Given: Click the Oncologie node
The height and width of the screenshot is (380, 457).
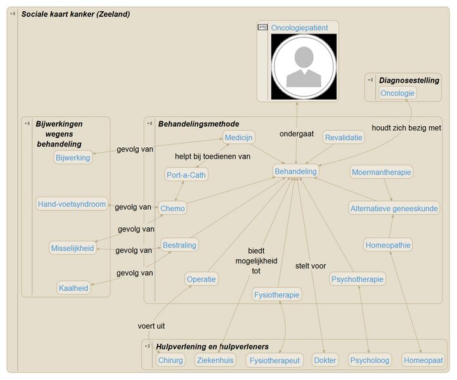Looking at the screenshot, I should click(x=397, y=93).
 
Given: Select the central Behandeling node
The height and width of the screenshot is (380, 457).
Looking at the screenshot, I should click(x=295, y=171).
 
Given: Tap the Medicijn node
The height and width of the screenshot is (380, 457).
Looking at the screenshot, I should click(x=239, y=137).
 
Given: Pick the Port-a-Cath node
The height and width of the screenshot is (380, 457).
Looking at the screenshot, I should click(x=186, y=175).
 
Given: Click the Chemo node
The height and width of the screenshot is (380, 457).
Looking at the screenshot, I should click(x=172, y=208).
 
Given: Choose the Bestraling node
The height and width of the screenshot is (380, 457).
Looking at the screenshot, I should click(x=179, y=245).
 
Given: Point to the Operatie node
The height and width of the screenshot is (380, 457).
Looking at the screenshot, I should click(x=202, y=278).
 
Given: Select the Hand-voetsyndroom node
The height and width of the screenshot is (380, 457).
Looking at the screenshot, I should click(x=71, y=204).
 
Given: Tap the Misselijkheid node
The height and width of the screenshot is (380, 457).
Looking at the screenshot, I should click(x=72, y=248).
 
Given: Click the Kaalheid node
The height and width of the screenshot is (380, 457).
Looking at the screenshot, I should click(x=74, y=288).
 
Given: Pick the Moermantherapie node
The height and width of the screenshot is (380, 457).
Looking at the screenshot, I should click(x=382, y=172).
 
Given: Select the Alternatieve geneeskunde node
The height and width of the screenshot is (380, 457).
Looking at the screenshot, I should click(x=394, y=208).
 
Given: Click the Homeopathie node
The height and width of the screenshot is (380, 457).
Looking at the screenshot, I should click(x=388, y=245).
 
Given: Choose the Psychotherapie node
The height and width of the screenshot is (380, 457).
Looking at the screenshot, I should click(x=358, y=279).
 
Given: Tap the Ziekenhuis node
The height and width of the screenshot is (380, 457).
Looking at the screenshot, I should click(x=215, y=360).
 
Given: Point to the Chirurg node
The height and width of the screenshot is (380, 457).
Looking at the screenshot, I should click(x=171, y=360).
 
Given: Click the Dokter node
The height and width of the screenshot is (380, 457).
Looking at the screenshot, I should click(x=325, y=360).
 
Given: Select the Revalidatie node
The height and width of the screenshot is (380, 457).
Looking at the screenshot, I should click(x=344, y=138).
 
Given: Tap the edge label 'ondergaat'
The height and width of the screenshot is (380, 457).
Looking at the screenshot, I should click(x=297, y=134).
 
